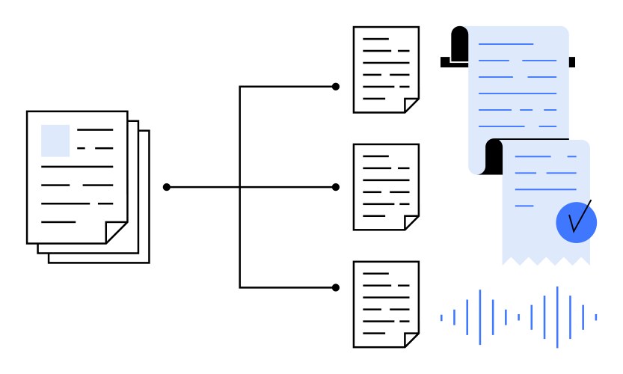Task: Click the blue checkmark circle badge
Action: pyautogui.click(x=576, y=222)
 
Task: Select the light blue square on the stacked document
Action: pyautogui.click(x=55, y=141)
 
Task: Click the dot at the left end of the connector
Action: pyautogui.click(x=167, y=187)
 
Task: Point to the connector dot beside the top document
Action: pyautogui.click(x=336, y=87)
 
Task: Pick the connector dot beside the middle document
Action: pyautogui.click(x=336, y=187)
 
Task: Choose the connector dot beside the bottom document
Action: pyautogui.click(x=336, y=287)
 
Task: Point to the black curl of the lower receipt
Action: pyautogui.click(x=494, y=156)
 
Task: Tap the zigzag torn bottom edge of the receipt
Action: pyautogui.click(x=546, y=261)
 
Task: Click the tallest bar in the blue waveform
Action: pyautogui.click(x=557, y=317)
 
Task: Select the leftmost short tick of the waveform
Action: pyautogui.click(x=441, y=318)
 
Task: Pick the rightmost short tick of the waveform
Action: pyautogui.click(x=596, y=317)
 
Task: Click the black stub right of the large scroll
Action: pyautogui.click(x=572, y=61)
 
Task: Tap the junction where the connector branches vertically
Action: pyautogui.click(x=240, y=187)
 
